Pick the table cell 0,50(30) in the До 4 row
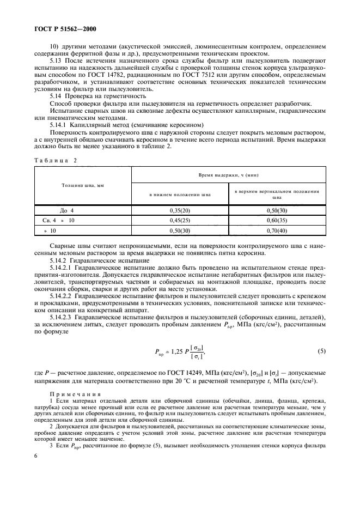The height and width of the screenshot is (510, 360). [x=276, y=210]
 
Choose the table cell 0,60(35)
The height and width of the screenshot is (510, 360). [x=276, y=220]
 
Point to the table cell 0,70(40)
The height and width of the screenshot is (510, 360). [x=276, y=230]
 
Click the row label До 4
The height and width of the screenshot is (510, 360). [x=66, y=210]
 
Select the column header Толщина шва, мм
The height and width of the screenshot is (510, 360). [x=83, y=185]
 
